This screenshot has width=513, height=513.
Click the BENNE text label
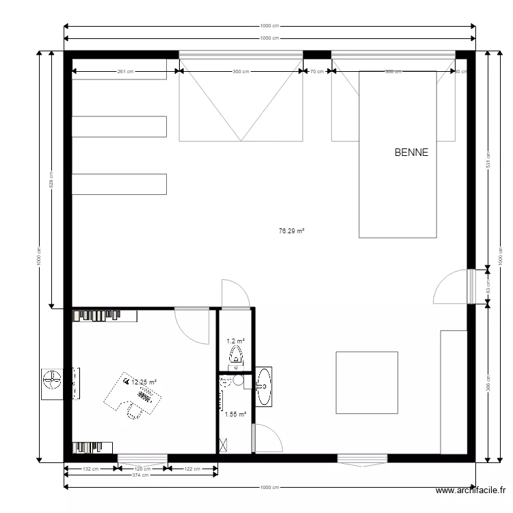tap(411, 153)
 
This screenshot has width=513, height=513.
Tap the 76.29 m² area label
tap(291, 231)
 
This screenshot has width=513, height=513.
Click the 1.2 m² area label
tap(235, 341)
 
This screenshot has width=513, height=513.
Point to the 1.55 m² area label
tap(235, 414)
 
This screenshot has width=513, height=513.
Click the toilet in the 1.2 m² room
tap(236, 355)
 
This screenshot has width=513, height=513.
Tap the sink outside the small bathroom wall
tap(263, 386)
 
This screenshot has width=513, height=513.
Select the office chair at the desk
tap(134, 410)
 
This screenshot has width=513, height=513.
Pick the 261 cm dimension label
tap(125, 71)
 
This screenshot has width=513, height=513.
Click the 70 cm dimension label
tap(317, 71)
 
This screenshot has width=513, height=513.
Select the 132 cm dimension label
tap(91, 469)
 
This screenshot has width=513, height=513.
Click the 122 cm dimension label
tap(193, 469)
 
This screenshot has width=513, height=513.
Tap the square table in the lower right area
tap(367, 382)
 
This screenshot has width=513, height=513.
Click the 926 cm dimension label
tap(51, 180)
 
